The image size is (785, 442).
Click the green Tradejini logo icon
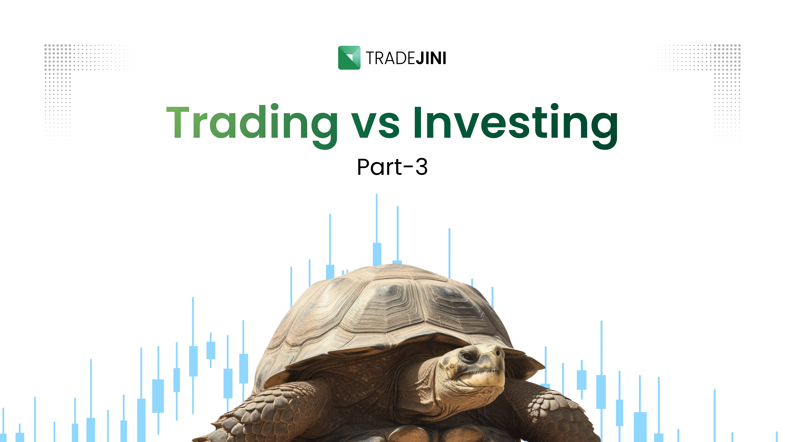coord(349,58)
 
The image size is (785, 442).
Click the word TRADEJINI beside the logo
coord(406,58)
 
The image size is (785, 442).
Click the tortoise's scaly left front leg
coord(274,409)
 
